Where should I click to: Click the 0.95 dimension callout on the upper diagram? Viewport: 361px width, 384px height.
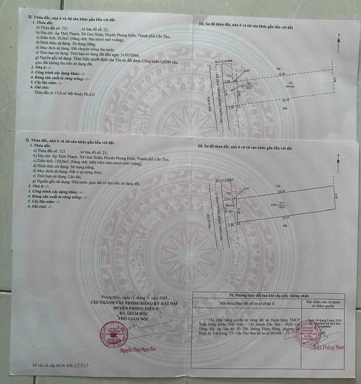click(247, 71)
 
